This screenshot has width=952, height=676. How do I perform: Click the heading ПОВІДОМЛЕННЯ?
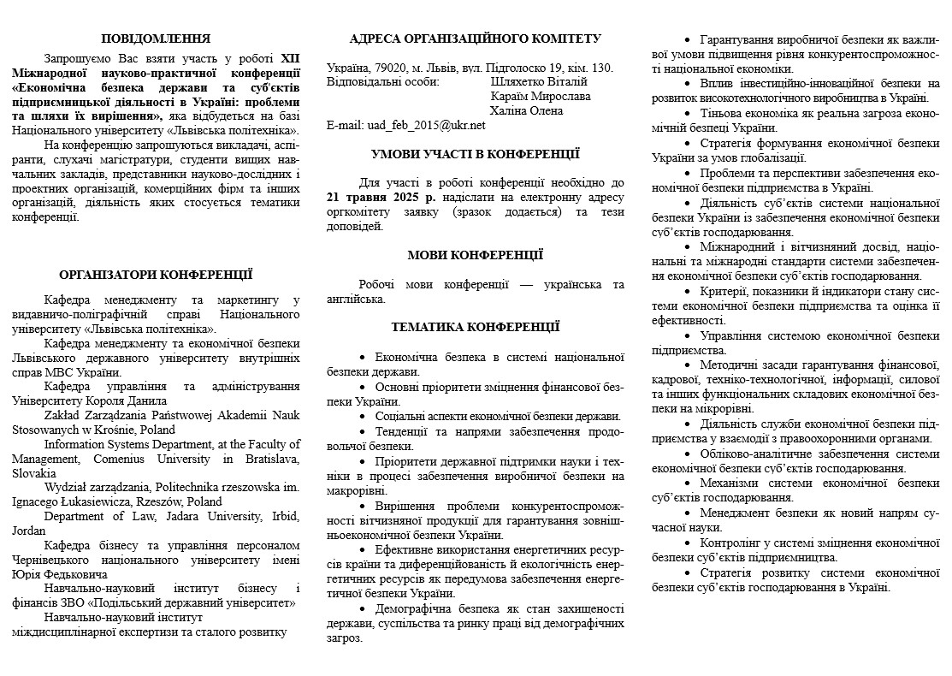156,39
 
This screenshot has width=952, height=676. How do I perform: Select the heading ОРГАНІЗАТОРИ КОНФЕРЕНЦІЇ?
156,275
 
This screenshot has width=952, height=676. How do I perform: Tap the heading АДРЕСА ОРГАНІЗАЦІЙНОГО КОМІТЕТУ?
476,39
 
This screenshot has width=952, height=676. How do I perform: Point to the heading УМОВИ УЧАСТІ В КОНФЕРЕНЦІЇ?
476,154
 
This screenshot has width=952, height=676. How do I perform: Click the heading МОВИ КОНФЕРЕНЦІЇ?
476,255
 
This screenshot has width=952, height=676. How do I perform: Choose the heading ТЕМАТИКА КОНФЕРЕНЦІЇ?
476,327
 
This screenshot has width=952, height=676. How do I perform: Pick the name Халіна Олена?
526,110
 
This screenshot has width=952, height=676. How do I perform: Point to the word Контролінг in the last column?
733,543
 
